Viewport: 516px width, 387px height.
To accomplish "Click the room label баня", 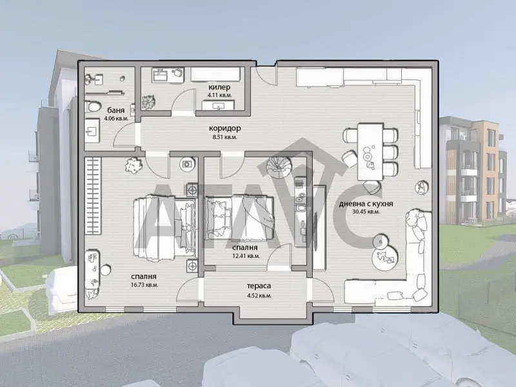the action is [116, 110].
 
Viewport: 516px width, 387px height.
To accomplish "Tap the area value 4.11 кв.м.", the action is [219, 95].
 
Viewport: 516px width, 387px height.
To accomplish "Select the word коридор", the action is [225, 128].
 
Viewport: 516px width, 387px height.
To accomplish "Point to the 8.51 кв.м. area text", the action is [224, 137].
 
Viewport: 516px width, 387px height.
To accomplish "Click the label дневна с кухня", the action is [366, 204].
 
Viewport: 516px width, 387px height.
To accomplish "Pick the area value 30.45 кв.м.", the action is [366, 212].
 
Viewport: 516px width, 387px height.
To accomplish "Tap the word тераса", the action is [259, 286].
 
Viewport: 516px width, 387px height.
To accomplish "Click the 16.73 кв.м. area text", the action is [144, 285].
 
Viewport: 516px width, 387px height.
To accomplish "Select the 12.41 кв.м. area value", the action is [246, 255].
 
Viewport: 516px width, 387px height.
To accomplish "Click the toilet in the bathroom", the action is [93, 106].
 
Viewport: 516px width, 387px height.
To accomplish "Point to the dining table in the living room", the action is [370, 152].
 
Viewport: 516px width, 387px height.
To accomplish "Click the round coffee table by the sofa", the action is [384, 256].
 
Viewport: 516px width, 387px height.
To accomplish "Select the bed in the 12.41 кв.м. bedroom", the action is [239, 217].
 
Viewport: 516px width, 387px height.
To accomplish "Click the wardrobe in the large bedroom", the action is [92, 196].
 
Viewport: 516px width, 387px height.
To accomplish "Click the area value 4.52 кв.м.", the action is [259, 296].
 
